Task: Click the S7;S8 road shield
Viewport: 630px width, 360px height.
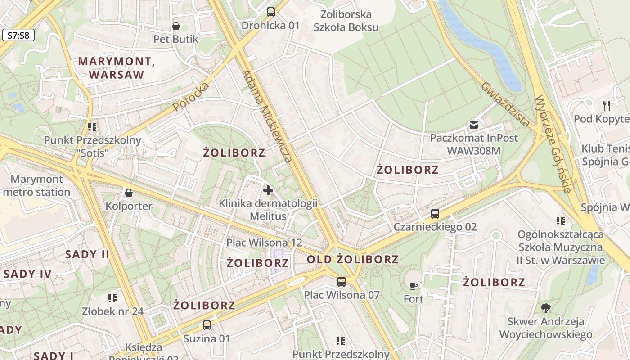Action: pos(18,35)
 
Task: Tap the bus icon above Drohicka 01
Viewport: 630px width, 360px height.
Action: pos(270,12)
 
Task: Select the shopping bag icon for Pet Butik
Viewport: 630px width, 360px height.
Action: pos(176,26)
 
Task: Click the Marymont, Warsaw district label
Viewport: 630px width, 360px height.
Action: pos(117,68)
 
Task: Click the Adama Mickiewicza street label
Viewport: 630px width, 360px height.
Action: pos(267,116)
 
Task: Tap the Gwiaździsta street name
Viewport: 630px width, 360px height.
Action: pos(505,104)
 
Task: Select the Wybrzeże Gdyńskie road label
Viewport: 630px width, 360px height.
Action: pos(553,144)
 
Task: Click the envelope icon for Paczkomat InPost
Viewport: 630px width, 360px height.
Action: pos(474,125)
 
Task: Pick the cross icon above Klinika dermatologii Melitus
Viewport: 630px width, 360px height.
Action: pos(268,190)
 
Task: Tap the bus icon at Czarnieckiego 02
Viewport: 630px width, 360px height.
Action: pos(435,214)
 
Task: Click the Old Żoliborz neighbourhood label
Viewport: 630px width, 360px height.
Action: pos(353,259)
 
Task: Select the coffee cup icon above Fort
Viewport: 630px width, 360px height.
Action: pos(413,285)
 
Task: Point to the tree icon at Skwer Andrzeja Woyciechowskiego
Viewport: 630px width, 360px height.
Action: pos(546,308)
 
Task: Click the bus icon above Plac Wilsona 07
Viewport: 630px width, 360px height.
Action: pos(342,282)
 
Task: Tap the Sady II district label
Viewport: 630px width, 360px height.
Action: pos(87,254)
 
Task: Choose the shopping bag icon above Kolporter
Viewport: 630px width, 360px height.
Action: pos(129,193)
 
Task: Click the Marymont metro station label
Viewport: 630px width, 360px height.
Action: pos(37,186)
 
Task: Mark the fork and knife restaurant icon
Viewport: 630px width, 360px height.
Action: pos(607,106)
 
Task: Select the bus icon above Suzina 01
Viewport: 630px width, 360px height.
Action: pos(207,325)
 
